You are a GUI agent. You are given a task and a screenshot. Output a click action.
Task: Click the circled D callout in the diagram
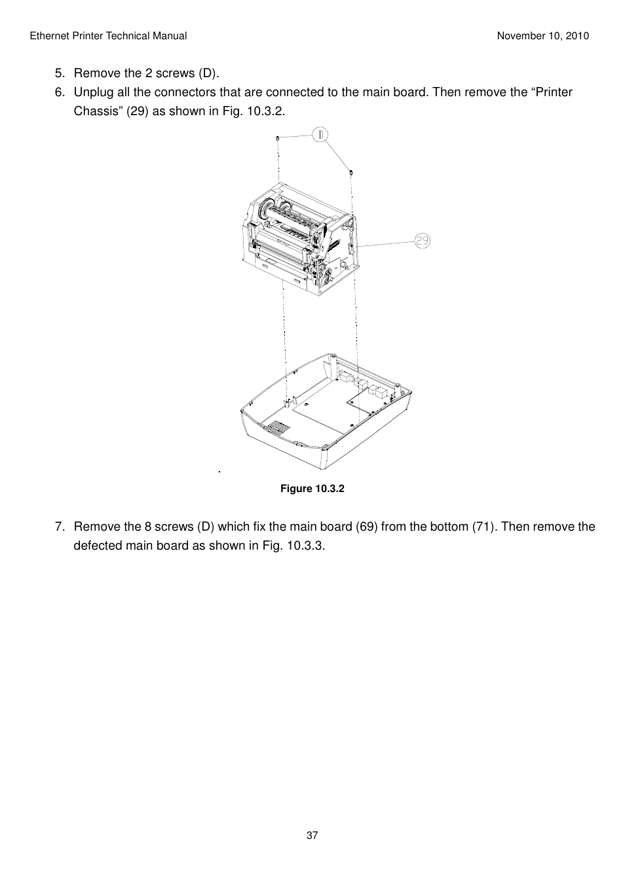(320, 135)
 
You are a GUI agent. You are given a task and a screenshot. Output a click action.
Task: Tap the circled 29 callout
(423, 241)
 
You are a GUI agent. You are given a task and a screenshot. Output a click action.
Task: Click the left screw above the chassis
(278, 138)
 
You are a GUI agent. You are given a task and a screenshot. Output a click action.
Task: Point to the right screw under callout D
(352, 171)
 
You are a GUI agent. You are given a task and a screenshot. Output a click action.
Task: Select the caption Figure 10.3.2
(312, 489)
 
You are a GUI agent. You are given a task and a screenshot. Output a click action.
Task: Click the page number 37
(312, 835)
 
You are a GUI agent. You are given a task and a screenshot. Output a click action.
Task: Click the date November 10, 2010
(542, 36)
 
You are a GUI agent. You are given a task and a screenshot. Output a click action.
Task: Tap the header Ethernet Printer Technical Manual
(108, 36)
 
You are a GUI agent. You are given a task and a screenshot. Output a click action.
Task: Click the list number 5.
(60, 73)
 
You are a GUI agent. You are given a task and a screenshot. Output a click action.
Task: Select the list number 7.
(60, 527)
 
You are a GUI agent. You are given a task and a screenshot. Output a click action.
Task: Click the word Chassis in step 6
(98, 111)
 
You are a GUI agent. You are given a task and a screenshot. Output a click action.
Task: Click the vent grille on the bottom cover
(277, 428)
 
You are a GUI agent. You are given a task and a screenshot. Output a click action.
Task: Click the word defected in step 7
(98, 546)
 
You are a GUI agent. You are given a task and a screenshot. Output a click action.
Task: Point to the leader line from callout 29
(387, 244)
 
